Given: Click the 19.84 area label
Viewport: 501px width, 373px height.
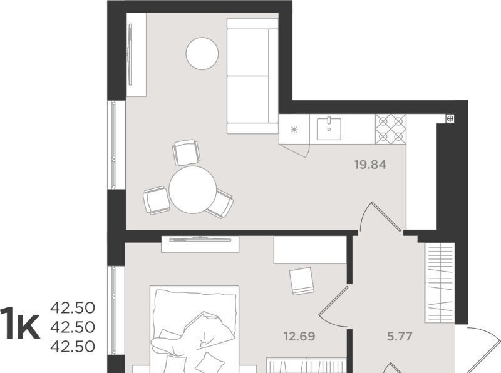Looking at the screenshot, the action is coord(370,165).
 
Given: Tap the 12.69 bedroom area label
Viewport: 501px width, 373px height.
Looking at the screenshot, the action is coord(299,336).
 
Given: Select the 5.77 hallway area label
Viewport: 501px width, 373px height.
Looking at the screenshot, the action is coord(400,336).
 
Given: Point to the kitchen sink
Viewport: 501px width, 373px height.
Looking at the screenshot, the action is coord(329,129).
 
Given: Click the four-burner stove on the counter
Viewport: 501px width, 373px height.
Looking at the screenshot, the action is coord(390,130).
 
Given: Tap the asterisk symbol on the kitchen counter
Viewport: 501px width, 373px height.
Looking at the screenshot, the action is coord(294,130).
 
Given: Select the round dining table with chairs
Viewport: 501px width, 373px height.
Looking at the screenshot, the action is coord(192,190).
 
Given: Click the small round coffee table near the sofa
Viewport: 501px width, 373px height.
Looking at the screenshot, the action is coord(202,53).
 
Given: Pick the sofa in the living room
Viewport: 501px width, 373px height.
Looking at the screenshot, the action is coord(252,76).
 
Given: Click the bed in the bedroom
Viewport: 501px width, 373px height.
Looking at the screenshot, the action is coord(195,329).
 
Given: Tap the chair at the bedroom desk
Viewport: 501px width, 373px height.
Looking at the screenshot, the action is coord(302,281).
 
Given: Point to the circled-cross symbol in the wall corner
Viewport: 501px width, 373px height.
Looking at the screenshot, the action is coord(450,119).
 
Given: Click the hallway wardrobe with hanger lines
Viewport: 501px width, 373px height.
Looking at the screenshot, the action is coord(440,283).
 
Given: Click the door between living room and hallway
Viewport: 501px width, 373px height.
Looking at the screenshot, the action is coord(380,217).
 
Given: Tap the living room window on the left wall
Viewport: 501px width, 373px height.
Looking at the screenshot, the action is coord(113,145).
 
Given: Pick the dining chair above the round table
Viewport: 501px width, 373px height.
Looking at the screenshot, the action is coord(186,152).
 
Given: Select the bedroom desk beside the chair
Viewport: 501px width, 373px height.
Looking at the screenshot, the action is coord(310,250).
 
